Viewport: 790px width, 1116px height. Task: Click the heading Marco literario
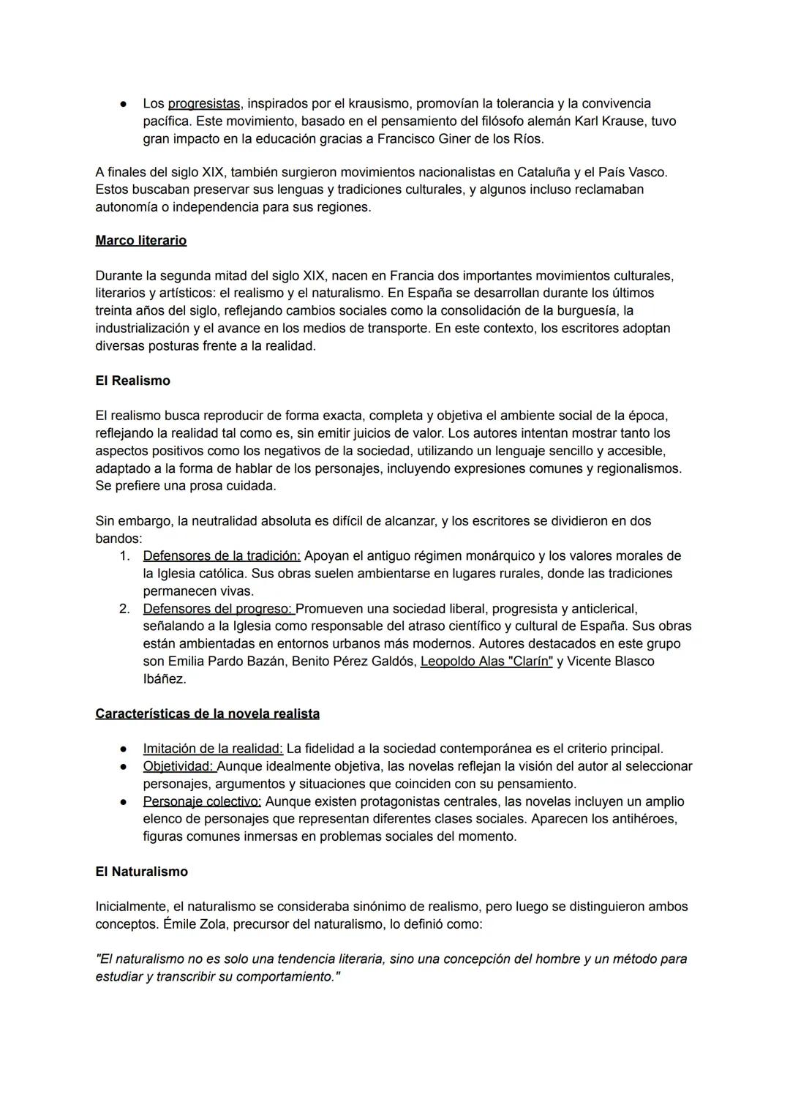(140, 241)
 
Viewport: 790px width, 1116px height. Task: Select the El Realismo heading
(132, 381)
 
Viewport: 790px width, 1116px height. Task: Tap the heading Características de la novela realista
(207, 714)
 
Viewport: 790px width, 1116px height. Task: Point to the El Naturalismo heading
(141, 872)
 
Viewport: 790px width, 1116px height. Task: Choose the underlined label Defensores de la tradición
(222, 556)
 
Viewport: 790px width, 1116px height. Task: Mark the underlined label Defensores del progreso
(218, 609)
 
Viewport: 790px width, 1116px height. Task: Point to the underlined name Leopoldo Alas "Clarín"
(486, 662)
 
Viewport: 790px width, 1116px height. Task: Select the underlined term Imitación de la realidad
(213, 749)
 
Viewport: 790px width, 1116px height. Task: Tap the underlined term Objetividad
(179, 766)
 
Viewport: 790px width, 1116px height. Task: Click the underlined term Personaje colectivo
(202, 801)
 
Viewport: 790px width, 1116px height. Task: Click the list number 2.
(124, 609)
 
